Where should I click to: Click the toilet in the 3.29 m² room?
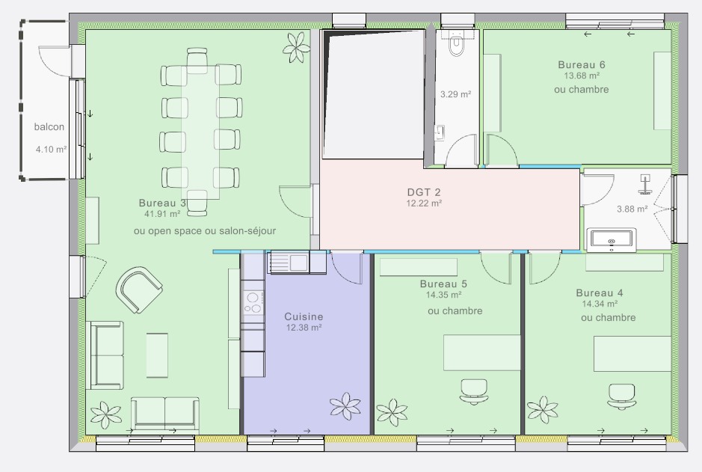tap(457, 43)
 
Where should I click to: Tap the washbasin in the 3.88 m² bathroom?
tap(612, 239)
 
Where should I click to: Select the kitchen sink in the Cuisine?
tap(289, 263)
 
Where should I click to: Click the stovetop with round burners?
tap(253, 303)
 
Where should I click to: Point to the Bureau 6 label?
tap(581, 64)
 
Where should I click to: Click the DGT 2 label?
tap(424, 192)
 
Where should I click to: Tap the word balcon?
tap(49, 126)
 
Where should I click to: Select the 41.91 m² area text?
tap(162, 214)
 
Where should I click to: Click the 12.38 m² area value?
tap(304, 328)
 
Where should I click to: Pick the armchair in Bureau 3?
tap(139, 289)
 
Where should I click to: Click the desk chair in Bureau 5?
tap(473, 391)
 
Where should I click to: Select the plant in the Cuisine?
tap(345, 406)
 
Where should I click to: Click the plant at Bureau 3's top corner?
tap(296, 47)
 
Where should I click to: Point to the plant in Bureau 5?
tap(392, 412)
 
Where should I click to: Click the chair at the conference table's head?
tap(197, 60)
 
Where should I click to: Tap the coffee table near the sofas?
tap(157, 355)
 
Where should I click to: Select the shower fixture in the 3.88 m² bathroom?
tap(644, 184)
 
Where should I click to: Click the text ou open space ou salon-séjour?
tap(205, 231)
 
